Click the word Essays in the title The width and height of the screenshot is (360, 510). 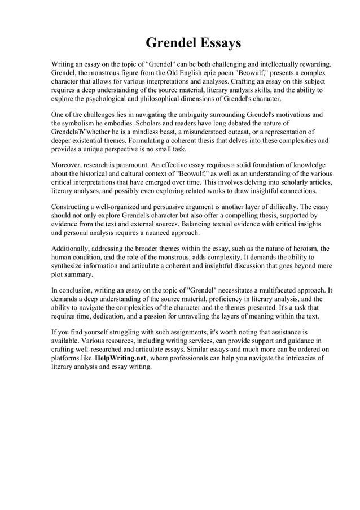pyautogui.click(x=217, y=43)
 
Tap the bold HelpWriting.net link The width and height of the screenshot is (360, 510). pyautogui.click(x=120, y=358)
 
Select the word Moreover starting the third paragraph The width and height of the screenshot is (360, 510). pyautogui.click(x=68, y=165)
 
